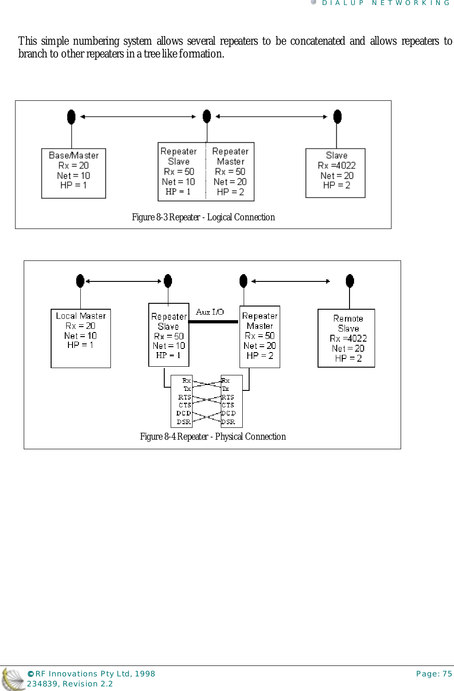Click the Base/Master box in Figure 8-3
click(73, 173)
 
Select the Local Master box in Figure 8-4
click(81, 338)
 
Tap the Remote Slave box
click(346, 338)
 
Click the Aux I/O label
click(210, 312)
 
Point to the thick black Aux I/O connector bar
click(213, 322)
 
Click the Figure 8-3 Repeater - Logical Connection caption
click(203, 217)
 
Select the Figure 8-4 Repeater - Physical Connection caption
click(213, 436)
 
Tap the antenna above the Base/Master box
click(71, 117)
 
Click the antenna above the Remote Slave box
click(350, 281)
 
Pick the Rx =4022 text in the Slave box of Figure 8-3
click(337, 166)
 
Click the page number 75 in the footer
click(447, 674)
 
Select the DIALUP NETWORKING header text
click(386, 3)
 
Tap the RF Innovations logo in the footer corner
click(12, 679)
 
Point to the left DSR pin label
click(183, 422)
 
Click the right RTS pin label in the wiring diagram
click(228, 397)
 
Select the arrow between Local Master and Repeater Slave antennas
click(124, 281)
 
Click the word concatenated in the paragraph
click(318, 41)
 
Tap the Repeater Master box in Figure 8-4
click(260, 337)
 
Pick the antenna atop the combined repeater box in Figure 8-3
click(207, 116)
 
